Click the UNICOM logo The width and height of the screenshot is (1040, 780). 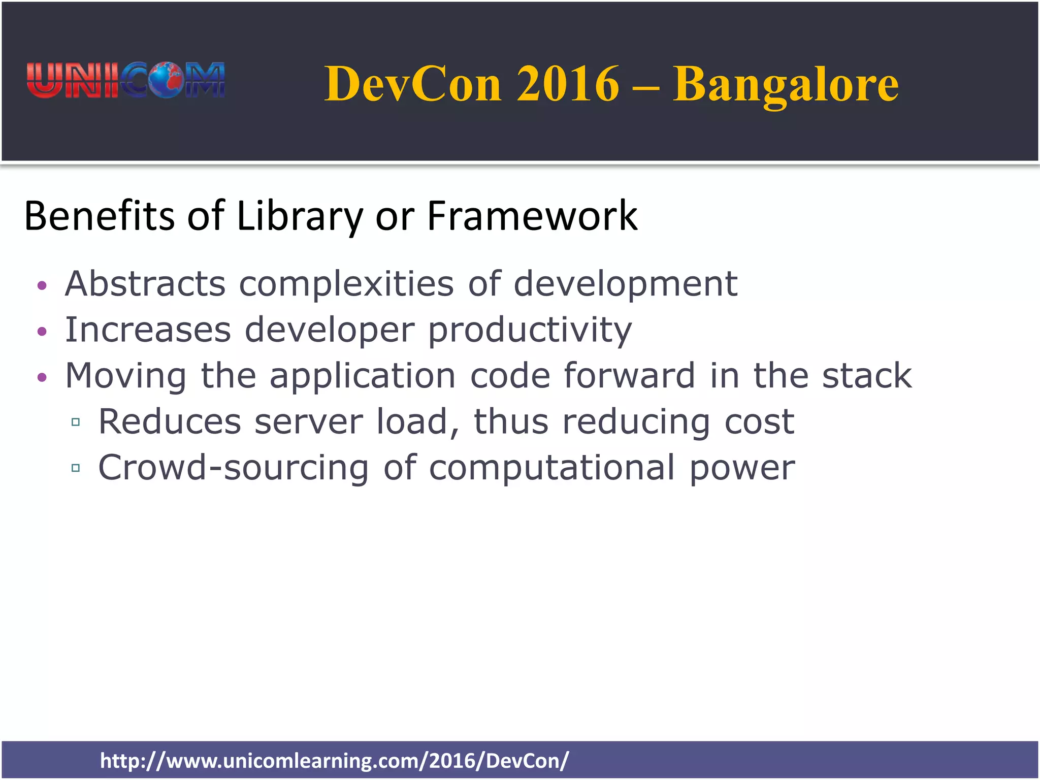coord(125,80)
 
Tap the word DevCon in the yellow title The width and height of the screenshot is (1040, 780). coord(413,84)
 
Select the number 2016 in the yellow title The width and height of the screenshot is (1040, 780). coord(568,84)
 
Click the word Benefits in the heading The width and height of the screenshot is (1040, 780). coord(99,216)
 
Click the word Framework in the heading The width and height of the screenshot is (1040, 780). coord(532,216)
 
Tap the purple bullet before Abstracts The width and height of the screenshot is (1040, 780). coord(42,285)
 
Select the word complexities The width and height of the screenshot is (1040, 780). coord(346,284)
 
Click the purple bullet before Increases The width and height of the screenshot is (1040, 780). coord(42,332)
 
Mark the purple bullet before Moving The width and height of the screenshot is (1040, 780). coord(42,377)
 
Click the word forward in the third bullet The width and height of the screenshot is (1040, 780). coord(629,376)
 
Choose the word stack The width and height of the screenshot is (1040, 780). coord(867,376)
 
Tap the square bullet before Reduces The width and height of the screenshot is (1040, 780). coord(76,422)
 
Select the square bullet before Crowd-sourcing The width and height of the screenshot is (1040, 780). coord(76,468)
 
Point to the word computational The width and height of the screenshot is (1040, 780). coord(552,468)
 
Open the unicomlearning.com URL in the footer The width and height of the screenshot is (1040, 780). coord(334,760)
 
